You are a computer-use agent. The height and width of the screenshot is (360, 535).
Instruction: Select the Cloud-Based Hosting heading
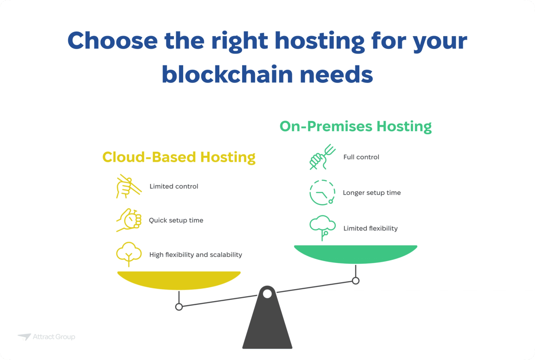179,157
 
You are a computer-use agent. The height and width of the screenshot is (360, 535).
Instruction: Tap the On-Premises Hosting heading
355,127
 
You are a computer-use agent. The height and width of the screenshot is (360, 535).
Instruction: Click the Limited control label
174,186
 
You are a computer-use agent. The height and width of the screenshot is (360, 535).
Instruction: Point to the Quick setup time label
176,220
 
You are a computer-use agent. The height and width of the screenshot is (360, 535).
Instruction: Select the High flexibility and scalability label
196,255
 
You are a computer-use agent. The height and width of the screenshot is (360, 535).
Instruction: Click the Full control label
361,157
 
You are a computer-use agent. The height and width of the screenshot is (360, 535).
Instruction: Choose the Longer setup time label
372,193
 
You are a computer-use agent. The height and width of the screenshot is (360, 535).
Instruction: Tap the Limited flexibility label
370,229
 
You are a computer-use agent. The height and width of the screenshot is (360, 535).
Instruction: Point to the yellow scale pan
179,280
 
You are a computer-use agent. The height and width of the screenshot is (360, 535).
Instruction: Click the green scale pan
355,254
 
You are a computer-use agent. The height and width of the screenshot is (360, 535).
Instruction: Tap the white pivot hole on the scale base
267,294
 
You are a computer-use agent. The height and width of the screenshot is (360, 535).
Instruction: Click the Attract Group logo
47,337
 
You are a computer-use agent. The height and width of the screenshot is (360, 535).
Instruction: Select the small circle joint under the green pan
355,281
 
